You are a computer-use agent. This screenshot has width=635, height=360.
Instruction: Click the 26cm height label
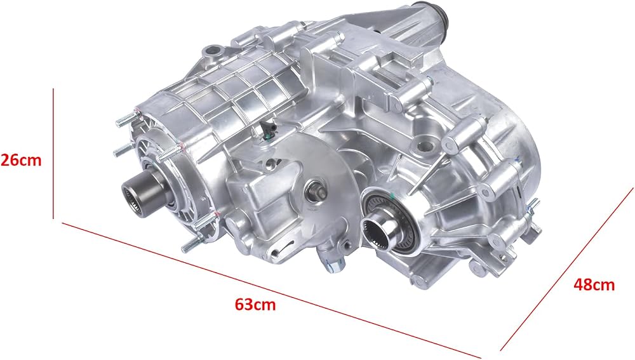click(21, 161)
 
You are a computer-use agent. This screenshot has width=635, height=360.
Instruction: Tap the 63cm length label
click(255, 304)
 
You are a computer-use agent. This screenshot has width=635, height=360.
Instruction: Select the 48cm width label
click(594, 284)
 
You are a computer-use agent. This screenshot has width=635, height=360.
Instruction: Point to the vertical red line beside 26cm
click(53, 154)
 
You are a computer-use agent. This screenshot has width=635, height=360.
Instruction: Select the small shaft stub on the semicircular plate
click(316, 189)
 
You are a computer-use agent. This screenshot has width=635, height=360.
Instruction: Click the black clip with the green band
click(268, 129)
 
